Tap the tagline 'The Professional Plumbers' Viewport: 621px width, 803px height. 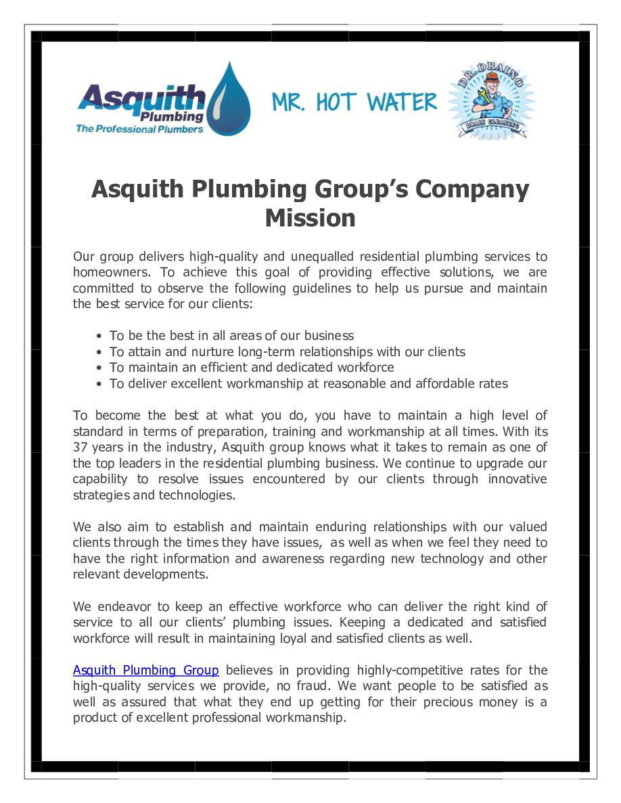[x=139, y=128]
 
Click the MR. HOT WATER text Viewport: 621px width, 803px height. [x=354, y=103]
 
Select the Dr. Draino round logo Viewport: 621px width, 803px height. [x=492, y=100]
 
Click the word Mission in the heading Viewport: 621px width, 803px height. [x=310, y=218]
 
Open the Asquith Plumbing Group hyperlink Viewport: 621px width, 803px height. [x=145, y=671]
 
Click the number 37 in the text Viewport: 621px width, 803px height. [x=80, y=447]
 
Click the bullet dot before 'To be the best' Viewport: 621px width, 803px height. [x=99, y=336]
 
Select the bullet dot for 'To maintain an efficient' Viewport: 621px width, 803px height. [x=99, y=368]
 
